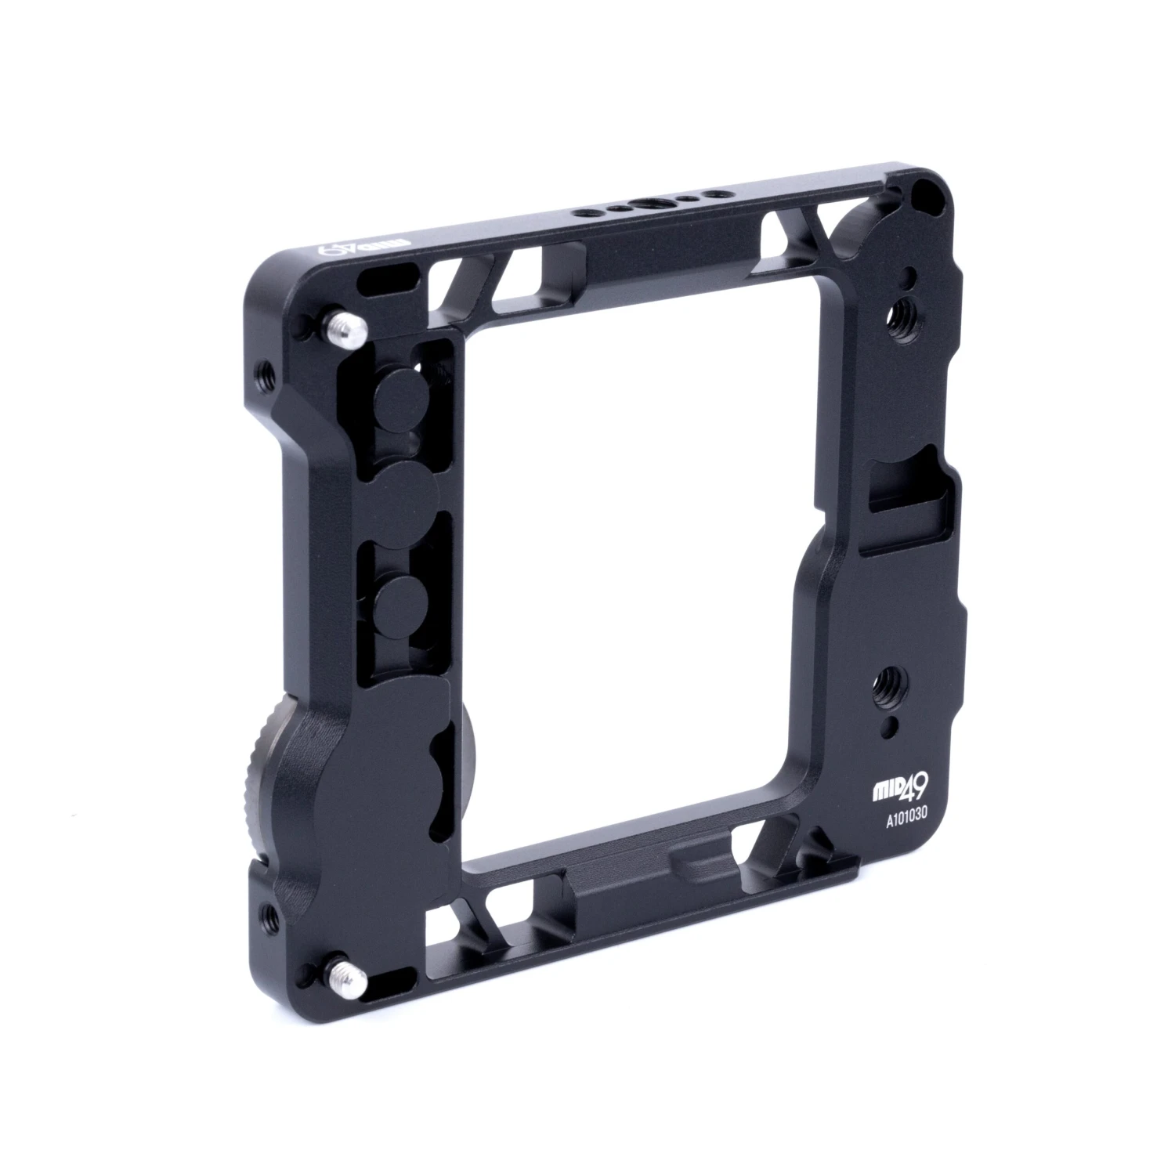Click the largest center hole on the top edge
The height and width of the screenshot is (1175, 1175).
tap(651, 205)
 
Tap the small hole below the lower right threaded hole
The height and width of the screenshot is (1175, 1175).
tap(886, 728)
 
